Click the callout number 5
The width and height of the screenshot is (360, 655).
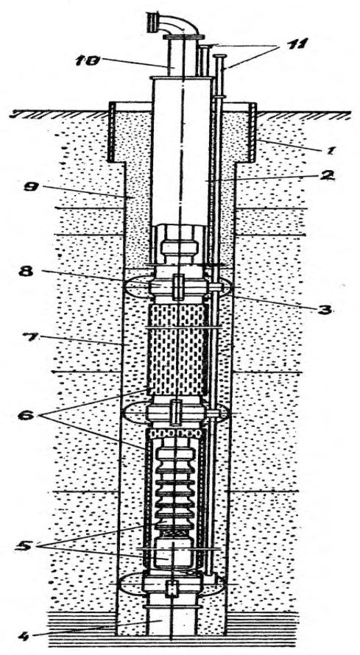[27, 545]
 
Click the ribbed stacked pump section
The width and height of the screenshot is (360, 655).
[176, 489]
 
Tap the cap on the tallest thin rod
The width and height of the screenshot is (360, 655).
[219, 57]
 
